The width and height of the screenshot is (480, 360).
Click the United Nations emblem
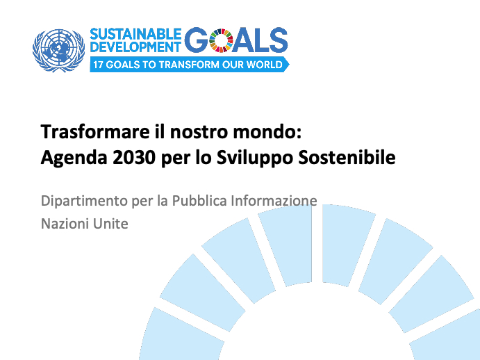[x=58, y=51]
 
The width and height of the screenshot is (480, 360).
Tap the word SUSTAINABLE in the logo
[x=135, y=34]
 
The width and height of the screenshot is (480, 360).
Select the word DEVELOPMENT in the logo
[x=135, y=47]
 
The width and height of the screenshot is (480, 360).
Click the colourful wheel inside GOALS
[x=221, y=40]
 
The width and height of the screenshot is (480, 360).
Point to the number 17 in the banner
[x=98, y=65]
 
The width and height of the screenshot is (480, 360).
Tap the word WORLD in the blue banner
[x=265, y=65]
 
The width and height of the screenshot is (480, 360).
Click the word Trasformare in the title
[x=95, y=132]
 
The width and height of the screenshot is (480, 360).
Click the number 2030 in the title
[x=134, y=158]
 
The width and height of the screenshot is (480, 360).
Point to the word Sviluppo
[x=255, y=158]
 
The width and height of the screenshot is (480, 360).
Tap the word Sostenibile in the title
[x=347, y=158]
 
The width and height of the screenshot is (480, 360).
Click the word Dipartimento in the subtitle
[x=84, y=202]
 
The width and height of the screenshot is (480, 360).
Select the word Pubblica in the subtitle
[x=199, y=201]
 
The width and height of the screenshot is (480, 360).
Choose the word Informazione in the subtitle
[x=274, y=201]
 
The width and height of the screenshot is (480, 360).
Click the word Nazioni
[x=65, y=224]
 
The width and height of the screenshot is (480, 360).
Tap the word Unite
[x=110, y=224]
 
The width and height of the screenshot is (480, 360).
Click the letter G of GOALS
[x=196, y=40]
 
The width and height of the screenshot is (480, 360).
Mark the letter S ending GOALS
[x=277, y=40]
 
